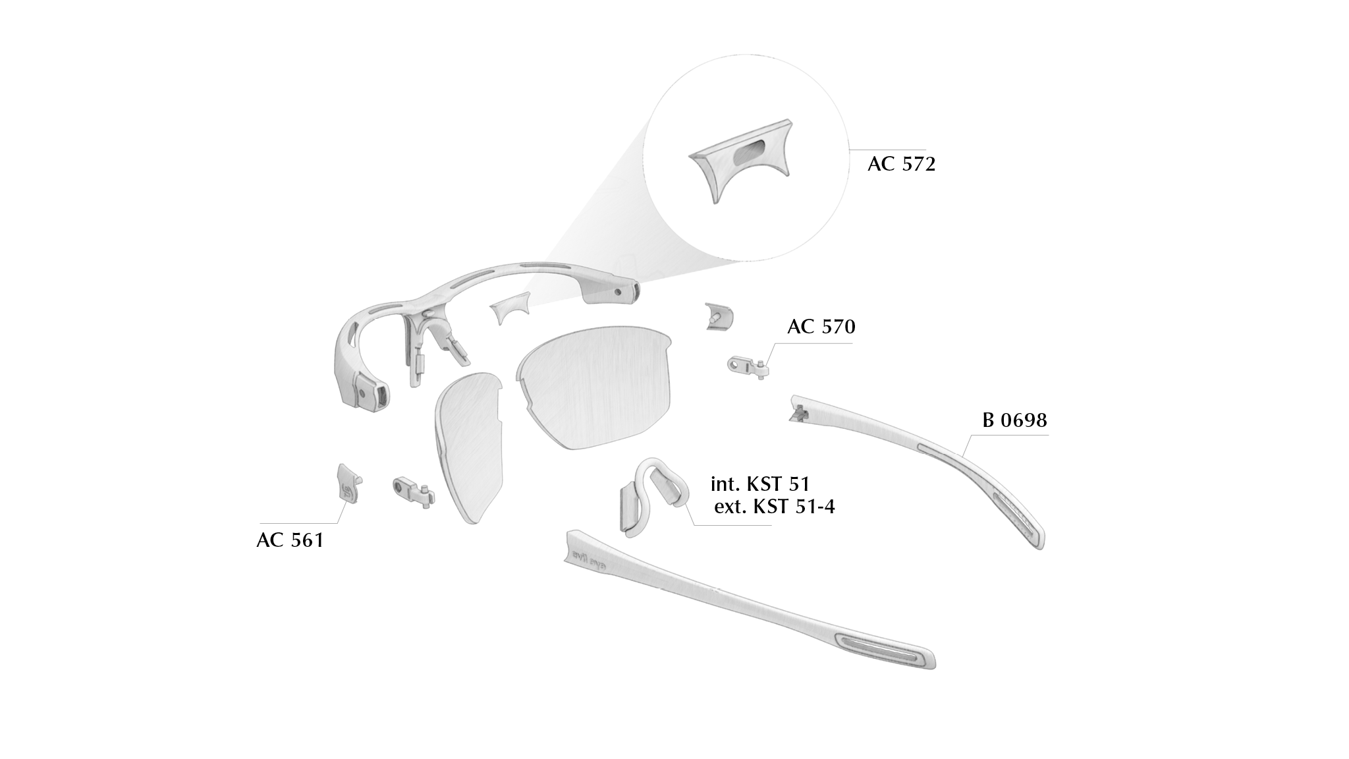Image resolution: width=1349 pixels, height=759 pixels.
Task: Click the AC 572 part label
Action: [x=901, y=164]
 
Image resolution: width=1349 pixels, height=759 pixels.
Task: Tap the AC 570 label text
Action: [x=821, y=327]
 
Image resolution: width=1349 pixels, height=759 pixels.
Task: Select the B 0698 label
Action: [x=1014, y=420]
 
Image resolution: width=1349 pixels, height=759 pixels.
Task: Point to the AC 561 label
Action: [x=290, y=540]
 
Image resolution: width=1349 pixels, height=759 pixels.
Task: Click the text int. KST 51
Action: [x=760, y=484]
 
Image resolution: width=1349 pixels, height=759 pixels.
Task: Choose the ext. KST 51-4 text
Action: [x=775, y=507]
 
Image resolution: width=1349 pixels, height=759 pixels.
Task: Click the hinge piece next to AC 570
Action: [x=748, y=366]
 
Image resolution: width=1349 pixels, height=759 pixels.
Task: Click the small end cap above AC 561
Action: [x=349, y=483]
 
